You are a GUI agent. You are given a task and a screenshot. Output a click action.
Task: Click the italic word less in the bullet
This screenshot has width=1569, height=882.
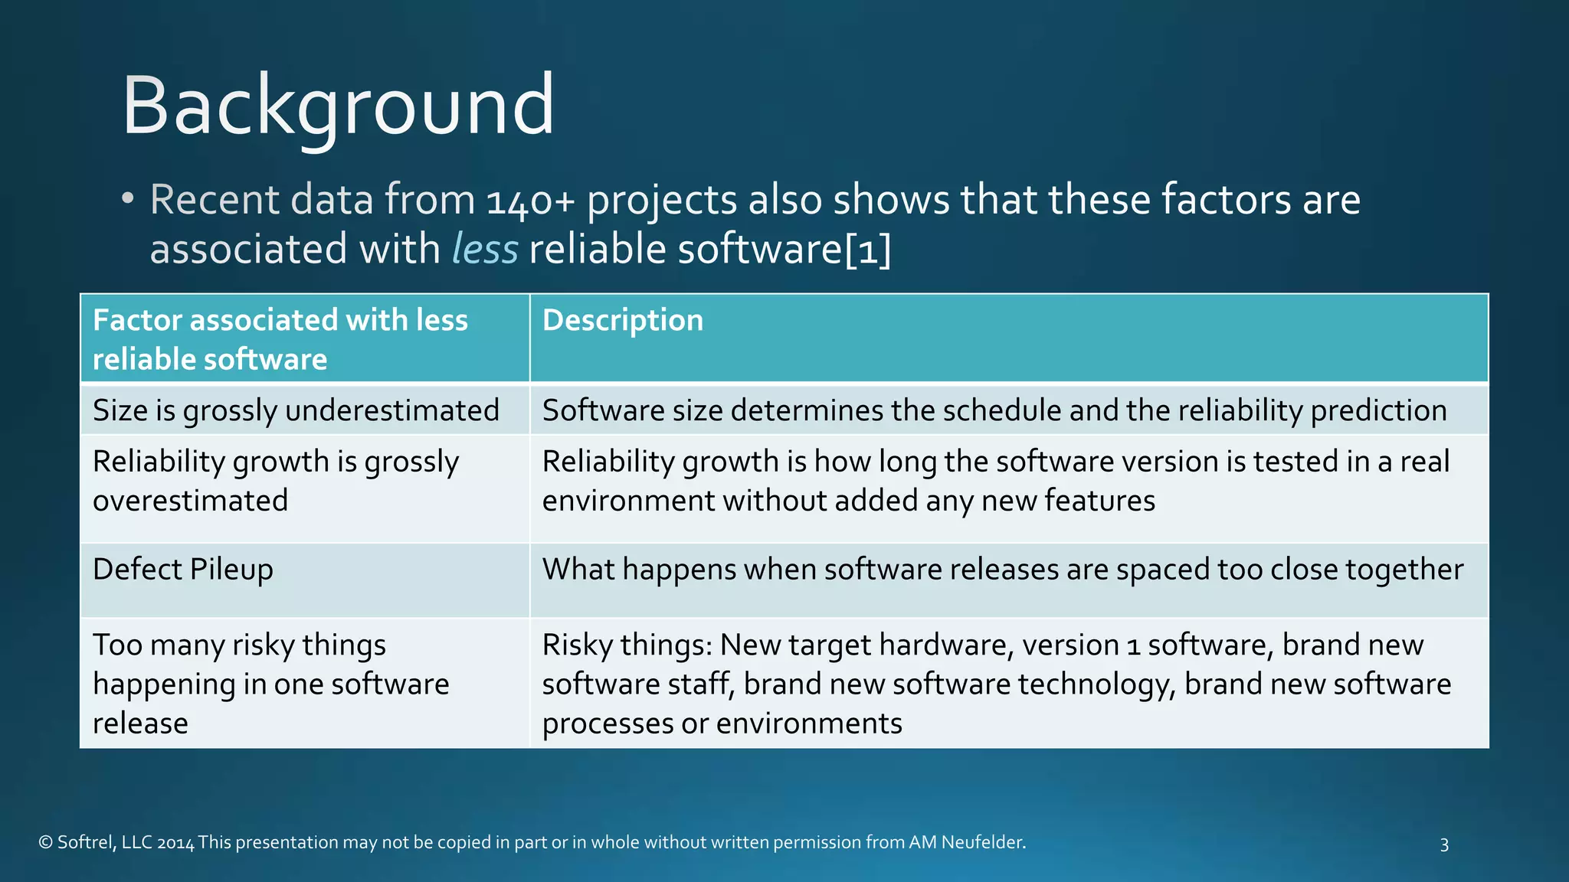[485, 250]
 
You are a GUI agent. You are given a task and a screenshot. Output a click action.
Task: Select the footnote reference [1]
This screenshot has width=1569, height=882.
[868, 250]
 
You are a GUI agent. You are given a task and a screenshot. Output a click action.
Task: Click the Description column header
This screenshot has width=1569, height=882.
[622, 320]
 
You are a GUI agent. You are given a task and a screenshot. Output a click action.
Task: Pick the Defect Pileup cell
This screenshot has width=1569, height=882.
[182, 570]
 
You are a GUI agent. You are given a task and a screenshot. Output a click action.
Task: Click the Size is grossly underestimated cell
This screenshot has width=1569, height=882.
[296, 410]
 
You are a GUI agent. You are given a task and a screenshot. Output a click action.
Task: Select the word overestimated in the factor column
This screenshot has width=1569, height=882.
[190, 501]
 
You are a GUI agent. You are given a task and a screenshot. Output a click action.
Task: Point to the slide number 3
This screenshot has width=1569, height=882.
[1444, 844]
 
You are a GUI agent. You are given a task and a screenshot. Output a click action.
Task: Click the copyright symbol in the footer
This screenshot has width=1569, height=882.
[45, 843]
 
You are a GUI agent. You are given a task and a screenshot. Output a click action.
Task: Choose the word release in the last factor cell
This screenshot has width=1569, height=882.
[140, 724]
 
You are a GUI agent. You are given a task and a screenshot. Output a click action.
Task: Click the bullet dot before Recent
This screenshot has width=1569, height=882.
[128, 199]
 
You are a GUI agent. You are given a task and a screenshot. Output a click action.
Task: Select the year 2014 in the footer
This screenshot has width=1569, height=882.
[175, 843]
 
